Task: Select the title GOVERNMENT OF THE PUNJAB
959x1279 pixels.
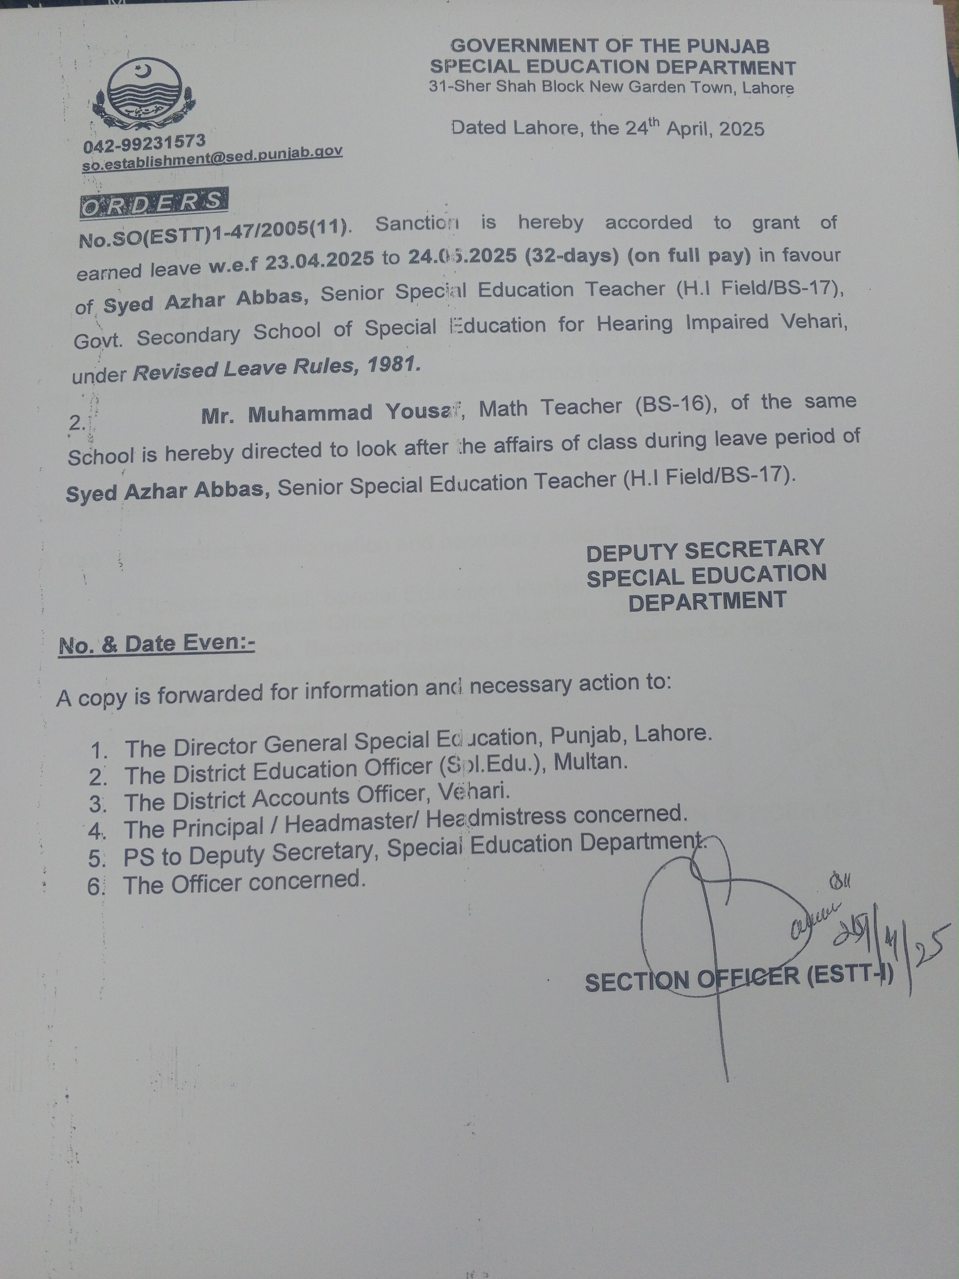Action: click(x=610, y=46)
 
